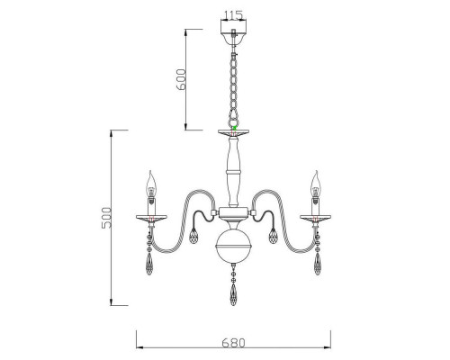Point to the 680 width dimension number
tap(234, 343)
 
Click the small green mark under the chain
tap(234, 130)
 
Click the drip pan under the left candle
tap(153, 218)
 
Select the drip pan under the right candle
tap(315, 218)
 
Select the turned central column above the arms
tap(234, 175)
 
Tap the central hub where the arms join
tap(234, 214)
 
